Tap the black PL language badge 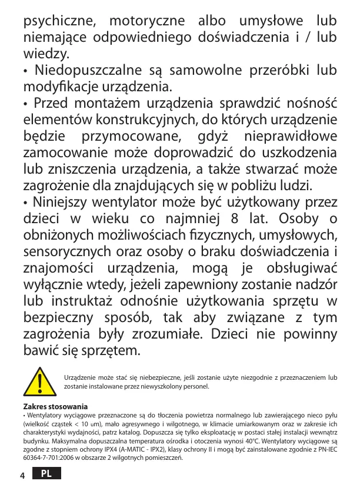(x=47, y=473)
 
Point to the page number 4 (x=22, y=475)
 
